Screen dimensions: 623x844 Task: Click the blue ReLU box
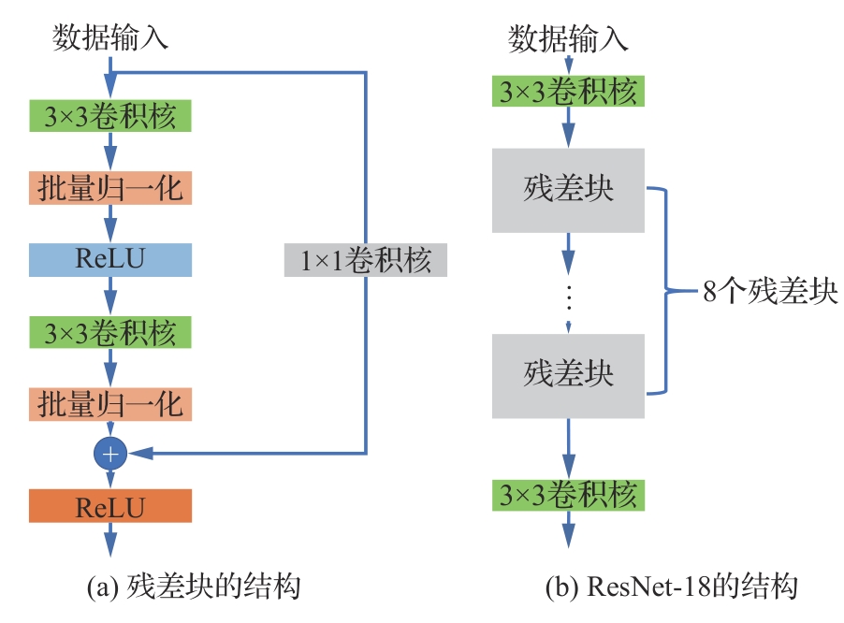(110, 259)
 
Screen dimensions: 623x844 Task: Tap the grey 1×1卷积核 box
(366, 259)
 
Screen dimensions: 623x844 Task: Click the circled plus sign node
(110, 454)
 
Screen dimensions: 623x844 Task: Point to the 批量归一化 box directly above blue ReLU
(110, 188)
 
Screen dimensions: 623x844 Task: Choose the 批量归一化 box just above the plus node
(110, 403)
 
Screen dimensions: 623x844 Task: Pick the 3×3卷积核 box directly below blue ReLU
(110, 332)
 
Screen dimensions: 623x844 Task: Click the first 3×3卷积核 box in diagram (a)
(110, 116)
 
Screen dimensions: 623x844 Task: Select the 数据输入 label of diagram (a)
(110, 39)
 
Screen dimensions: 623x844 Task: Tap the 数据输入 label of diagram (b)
(568, 39)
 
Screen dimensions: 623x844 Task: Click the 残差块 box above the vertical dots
(568, 189)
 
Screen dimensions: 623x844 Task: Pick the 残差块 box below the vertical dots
(568, 374)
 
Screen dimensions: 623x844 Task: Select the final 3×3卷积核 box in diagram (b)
(568, 494)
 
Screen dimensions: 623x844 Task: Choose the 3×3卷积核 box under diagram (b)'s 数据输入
(568, 92)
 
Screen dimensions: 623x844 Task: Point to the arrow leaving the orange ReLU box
(110, 541)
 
